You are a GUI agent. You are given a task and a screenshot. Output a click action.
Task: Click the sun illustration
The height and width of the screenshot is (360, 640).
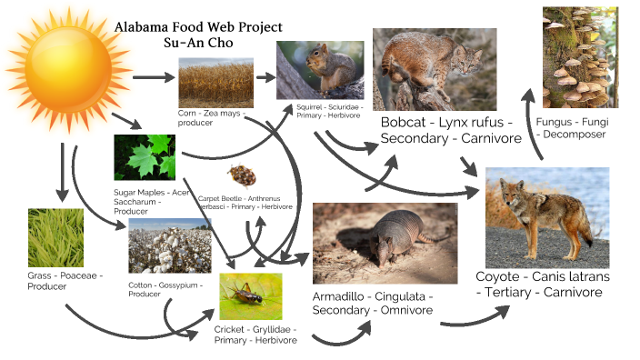(x=65, y=75)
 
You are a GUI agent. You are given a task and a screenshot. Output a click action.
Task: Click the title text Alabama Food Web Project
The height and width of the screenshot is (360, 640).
(x=198, y=27)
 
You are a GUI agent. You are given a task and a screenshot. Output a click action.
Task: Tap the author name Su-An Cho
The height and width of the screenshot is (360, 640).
(x=198, y=44)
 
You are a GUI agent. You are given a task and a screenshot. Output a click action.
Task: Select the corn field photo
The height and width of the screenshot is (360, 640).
(x=215, y=83)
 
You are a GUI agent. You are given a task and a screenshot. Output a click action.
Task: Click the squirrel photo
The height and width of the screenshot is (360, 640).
(x=320, y=70)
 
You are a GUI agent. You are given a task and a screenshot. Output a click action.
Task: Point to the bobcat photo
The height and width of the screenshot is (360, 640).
(x=434, y=69)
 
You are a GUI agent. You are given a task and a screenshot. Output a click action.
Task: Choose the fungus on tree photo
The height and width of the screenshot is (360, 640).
(x=580, y=56)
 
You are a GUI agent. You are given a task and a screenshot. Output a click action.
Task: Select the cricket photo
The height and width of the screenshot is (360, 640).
(x=250, y=295)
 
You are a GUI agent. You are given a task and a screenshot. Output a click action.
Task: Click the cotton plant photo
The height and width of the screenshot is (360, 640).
(x=164, y=246)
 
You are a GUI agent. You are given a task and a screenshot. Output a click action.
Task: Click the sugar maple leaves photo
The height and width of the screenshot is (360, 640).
(x=145, y=158)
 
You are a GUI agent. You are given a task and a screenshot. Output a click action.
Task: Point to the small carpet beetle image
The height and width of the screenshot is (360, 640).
(x=241, y=175)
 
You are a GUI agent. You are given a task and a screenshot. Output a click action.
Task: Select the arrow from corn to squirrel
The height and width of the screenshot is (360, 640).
(x=265, y=77)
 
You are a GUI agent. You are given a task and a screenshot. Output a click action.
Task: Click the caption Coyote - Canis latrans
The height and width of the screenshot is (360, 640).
(x=543, y=276)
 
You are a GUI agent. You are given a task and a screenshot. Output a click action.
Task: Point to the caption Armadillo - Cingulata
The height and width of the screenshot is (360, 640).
(x=373, y=297)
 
